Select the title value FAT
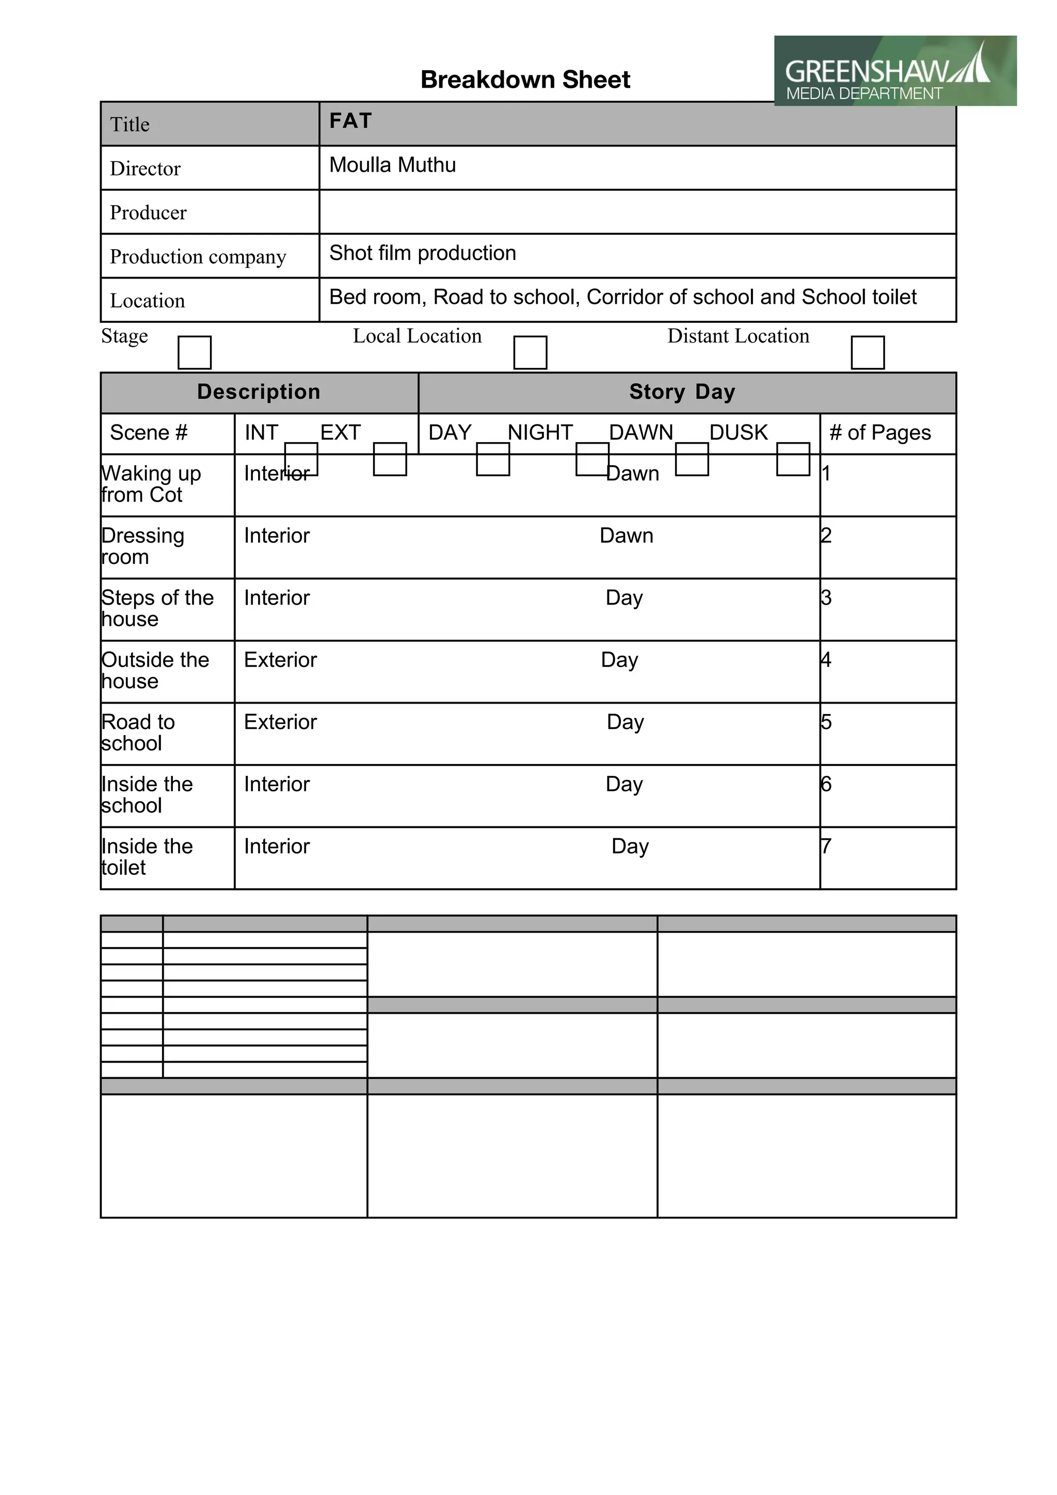coord(350,121)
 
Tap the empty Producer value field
coord(637,212)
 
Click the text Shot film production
coord(422,253)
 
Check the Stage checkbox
coord(195,352)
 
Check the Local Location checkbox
coord(530,352)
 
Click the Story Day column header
coord(682,392)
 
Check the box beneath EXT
coord(390,459)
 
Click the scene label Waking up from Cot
coord(151,484)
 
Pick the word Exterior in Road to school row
coord(280,722)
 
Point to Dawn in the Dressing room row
coord(626,535)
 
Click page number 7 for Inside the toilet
coord(826,846)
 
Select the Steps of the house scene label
coord(157,608)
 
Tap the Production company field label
coord(198,256)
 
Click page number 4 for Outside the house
coord(826,660)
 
